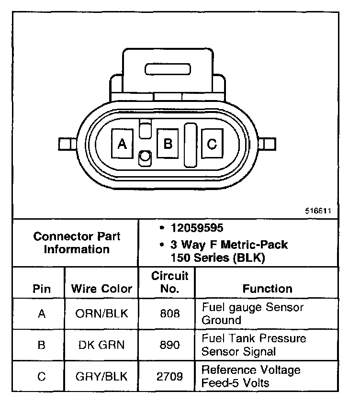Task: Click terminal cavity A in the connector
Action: click(122, 144)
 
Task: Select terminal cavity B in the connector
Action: click(168, 143)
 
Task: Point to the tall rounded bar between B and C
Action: click(191, 145)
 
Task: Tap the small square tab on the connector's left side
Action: click(64, 144)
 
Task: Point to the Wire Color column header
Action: click(101, 289)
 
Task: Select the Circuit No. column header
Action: click(170, 282)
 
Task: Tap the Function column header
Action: click(267, 289)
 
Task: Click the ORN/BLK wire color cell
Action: click(101, 313)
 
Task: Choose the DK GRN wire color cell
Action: click(101, 345)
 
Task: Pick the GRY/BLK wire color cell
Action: click(101, 376)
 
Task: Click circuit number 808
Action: click(170, 313)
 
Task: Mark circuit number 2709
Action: click(170, 376)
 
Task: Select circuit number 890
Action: click(170, 345)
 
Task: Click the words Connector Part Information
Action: click(77, 243)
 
